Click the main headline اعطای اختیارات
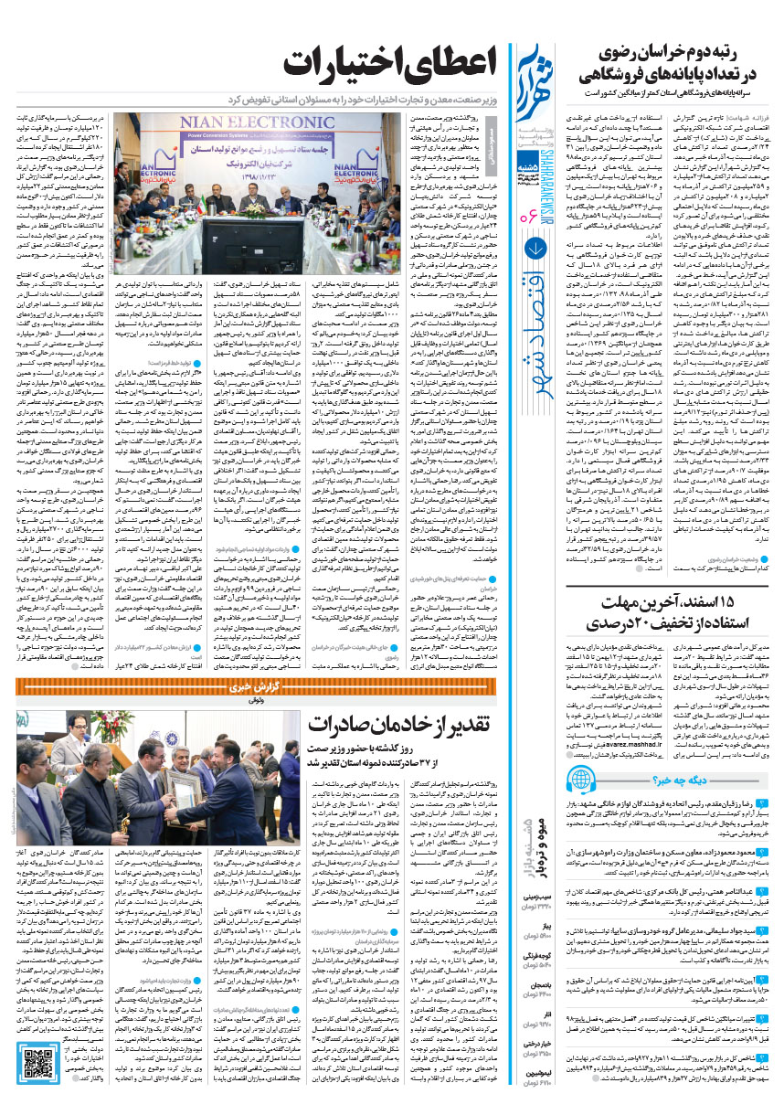[390, 67]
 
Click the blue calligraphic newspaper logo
[535, 78]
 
